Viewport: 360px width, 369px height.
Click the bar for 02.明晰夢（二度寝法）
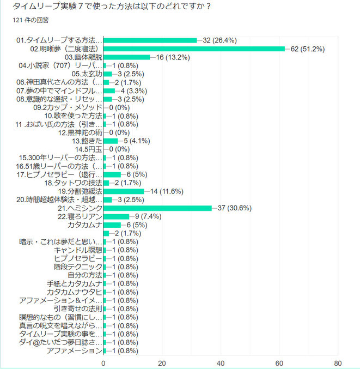tap(194, 49)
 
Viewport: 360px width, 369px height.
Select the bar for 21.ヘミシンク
tap(157, 208)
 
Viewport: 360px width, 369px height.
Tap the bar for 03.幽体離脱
tap(126, 57)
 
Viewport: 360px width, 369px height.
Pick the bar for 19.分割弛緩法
tap(124, 191)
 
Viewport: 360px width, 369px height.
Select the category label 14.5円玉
tap(88, 149)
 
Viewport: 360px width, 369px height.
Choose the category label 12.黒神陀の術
tap(81, 132)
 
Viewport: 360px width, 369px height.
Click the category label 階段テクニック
tap(78, 267)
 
